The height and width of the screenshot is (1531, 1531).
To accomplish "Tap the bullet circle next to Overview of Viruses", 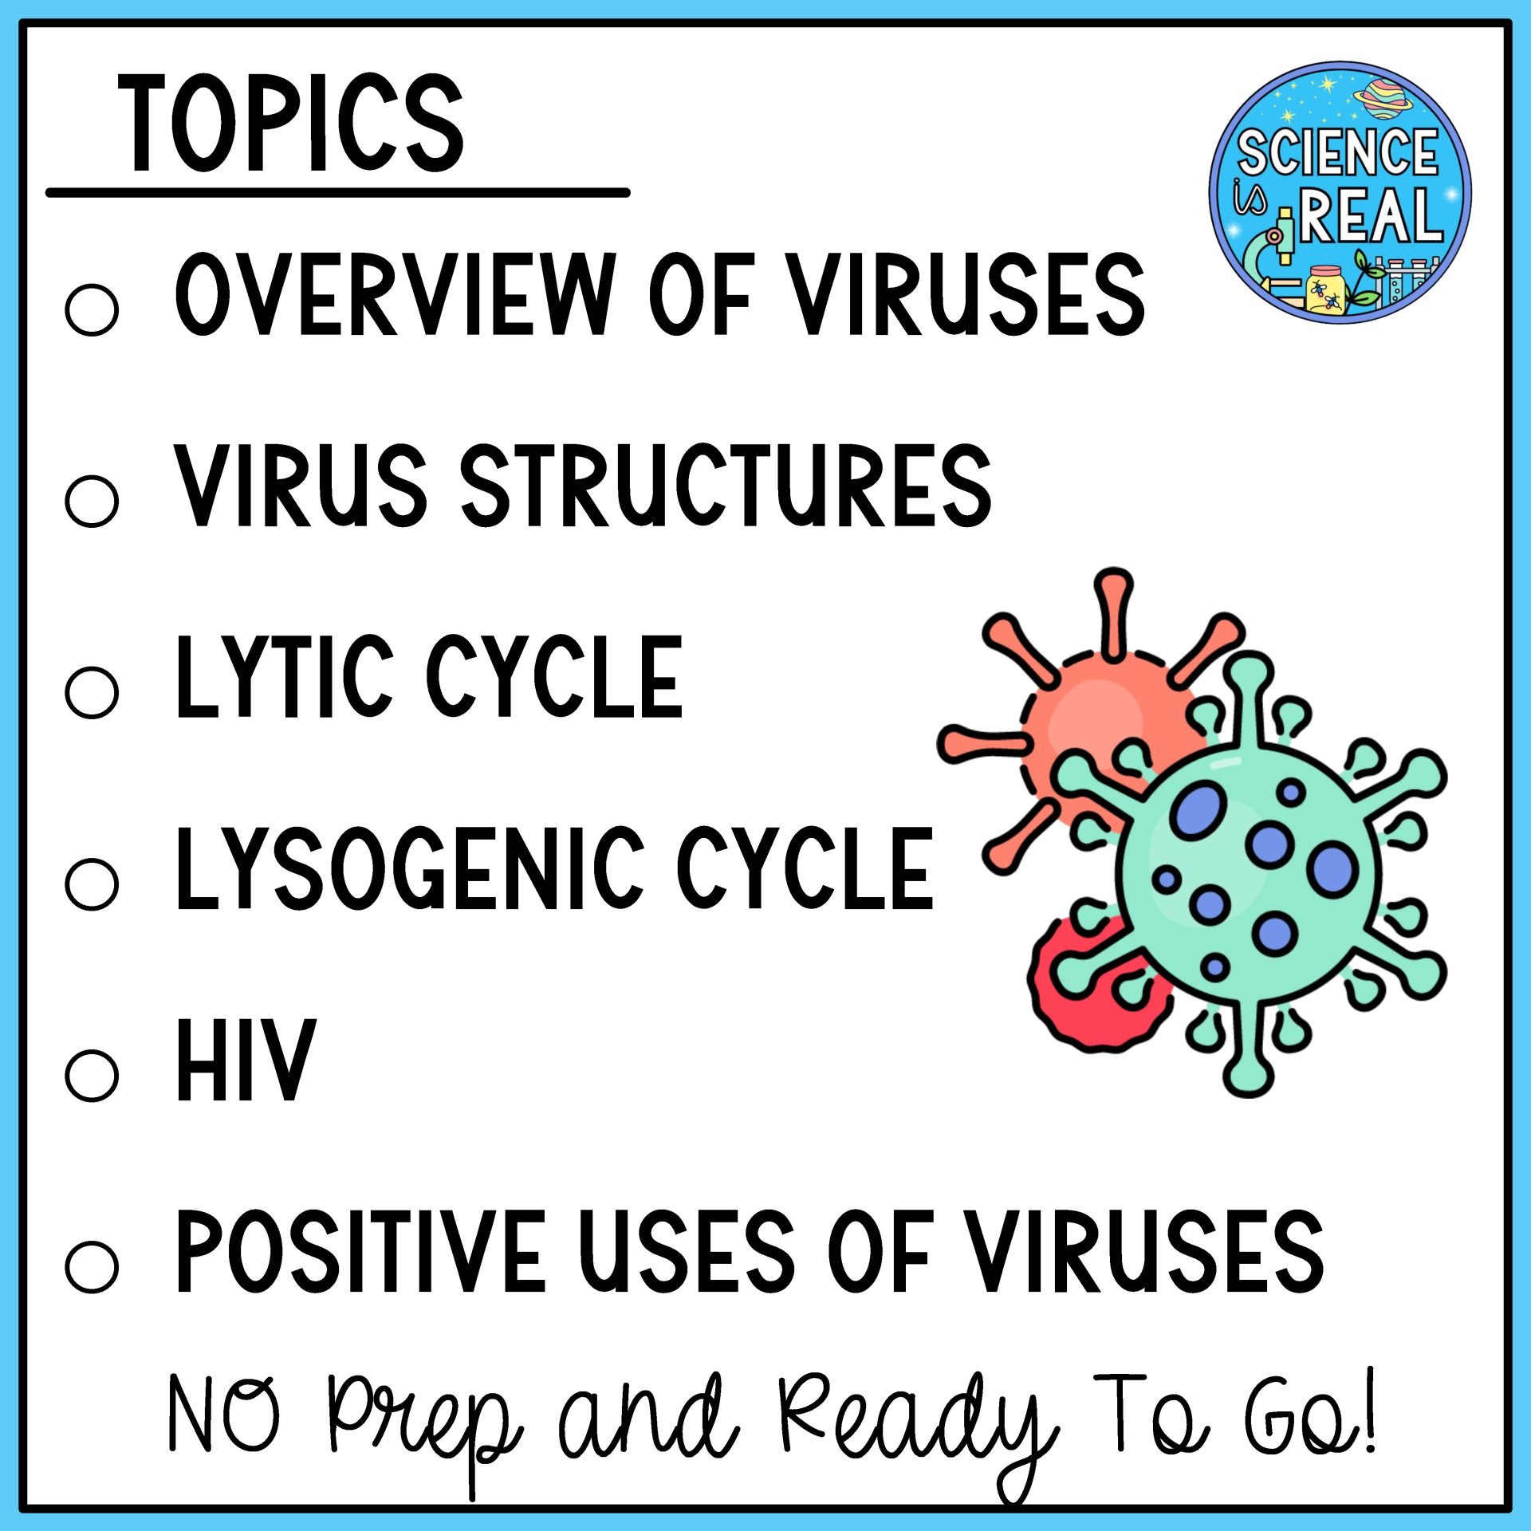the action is [92, 309].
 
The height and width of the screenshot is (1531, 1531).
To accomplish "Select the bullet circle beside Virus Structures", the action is [92, 501].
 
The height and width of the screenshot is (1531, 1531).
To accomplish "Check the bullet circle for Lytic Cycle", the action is [92, 691].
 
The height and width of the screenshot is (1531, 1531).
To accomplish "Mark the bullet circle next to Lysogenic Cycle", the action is [92, 884].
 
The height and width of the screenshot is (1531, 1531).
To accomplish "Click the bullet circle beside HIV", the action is [92, 1074].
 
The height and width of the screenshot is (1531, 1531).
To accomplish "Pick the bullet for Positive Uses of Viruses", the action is [92, 1265].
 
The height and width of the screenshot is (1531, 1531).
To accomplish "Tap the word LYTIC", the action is [285, 677].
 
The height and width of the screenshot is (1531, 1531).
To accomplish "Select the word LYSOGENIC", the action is [409, 868].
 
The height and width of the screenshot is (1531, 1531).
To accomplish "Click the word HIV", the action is [246, 1060].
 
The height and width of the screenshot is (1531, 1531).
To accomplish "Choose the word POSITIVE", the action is [360, 1251].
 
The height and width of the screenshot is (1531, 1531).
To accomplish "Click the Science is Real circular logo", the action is [1340, 192].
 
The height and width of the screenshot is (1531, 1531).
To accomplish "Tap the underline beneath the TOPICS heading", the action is [338, 192].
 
